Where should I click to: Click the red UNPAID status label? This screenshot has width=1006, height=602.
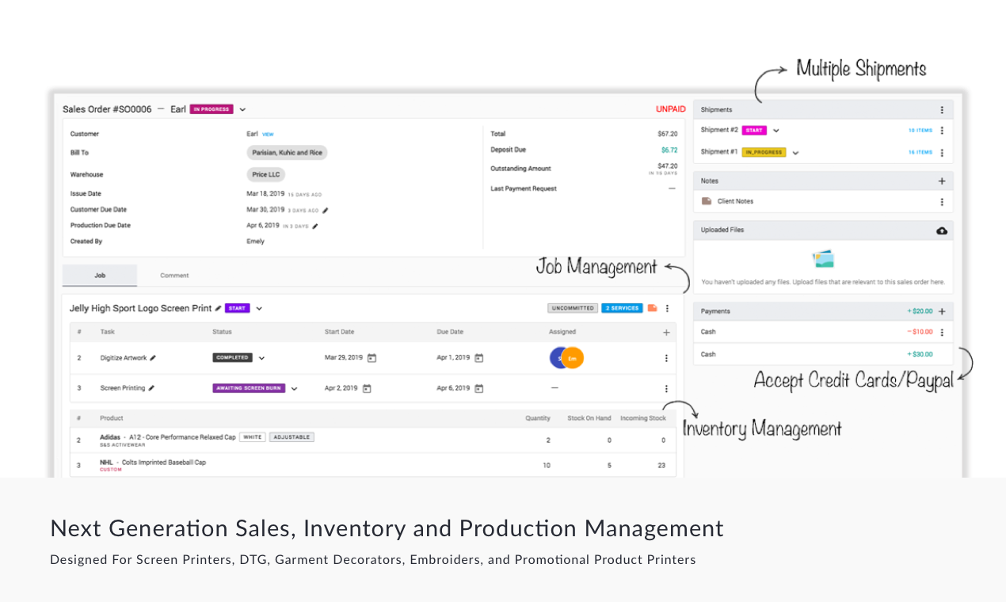670,109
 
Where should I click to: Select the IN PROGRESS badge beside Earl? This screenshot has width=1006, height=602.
211,109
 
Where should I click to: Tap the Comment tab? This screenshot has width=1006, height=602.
174,276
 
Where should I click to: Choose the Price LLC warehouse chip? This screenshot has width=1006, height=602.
265,174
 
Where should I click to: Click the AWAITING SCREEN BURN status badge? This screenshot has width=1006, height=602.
249,388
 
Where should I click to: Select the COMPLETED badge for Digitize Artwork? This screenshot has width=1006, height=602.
232,357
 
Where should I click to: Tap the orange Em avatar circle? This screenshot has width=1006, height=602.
573,358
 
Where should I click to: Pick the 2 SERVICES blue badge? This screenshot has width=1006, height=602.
622,308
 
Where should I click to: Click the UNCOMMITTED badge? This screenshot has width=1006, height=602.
572,308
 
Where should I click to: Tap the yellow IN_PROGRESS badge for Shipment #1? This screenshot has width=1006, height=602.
764,152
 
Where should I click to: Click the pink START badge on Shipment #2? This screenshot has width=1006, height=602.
754,130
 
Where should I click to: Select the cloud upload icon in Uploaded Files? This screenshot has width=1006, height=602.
942,231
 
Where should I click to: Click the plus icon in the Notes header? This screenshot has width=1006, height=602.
942,181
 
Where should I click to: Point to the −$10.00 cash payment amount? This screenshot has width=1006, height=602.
920,332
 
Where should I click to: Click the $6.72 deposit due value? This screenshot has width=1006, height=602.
669,150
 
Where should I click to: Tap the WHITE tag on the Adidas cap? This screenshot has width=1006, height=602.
253,437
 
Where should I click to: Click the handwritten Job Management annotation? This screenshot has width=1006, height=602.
596,267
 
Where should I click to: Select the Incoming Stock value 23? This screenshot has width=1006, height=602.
661,466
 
